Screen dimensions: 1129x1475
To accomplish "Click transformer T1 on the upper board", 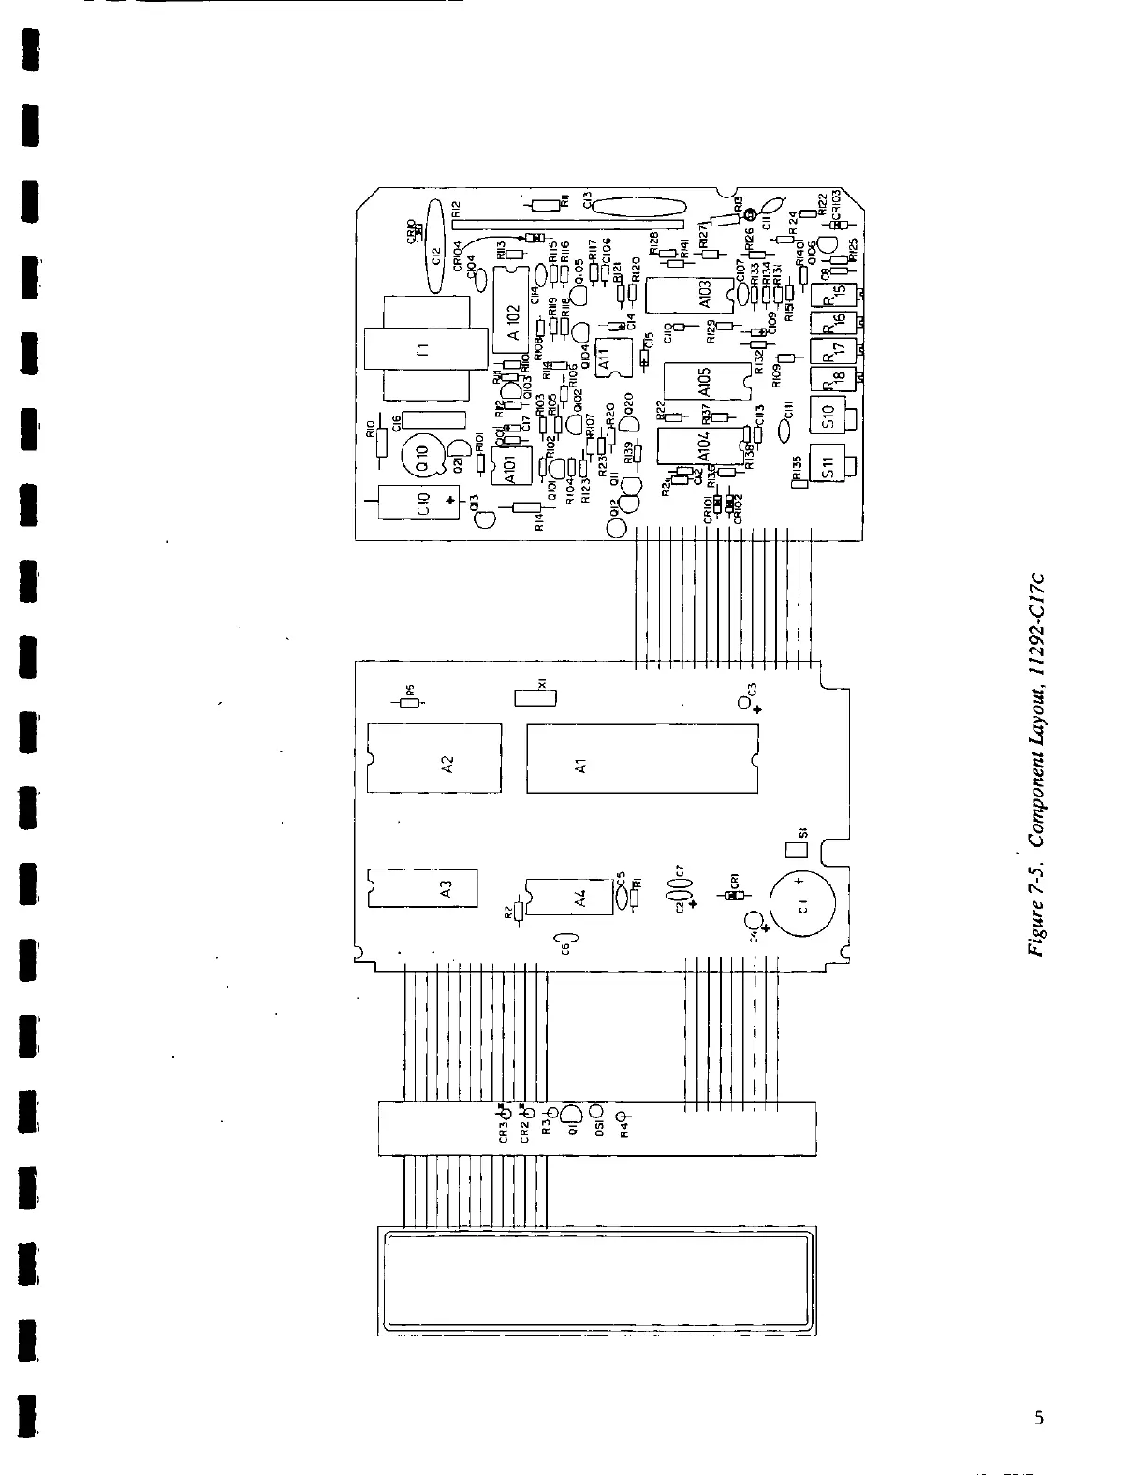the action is click(424, 351).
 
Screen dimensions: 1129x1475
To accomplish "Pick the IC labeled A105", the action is click(704, 382).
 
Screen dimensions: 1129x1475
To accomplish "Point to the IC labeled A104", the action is click(702, 445).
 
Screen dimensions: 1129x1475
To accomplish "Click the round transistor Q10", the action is click(422, 457).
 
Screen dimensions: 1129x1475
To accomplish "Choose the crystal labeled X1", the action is click(535, 697).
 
